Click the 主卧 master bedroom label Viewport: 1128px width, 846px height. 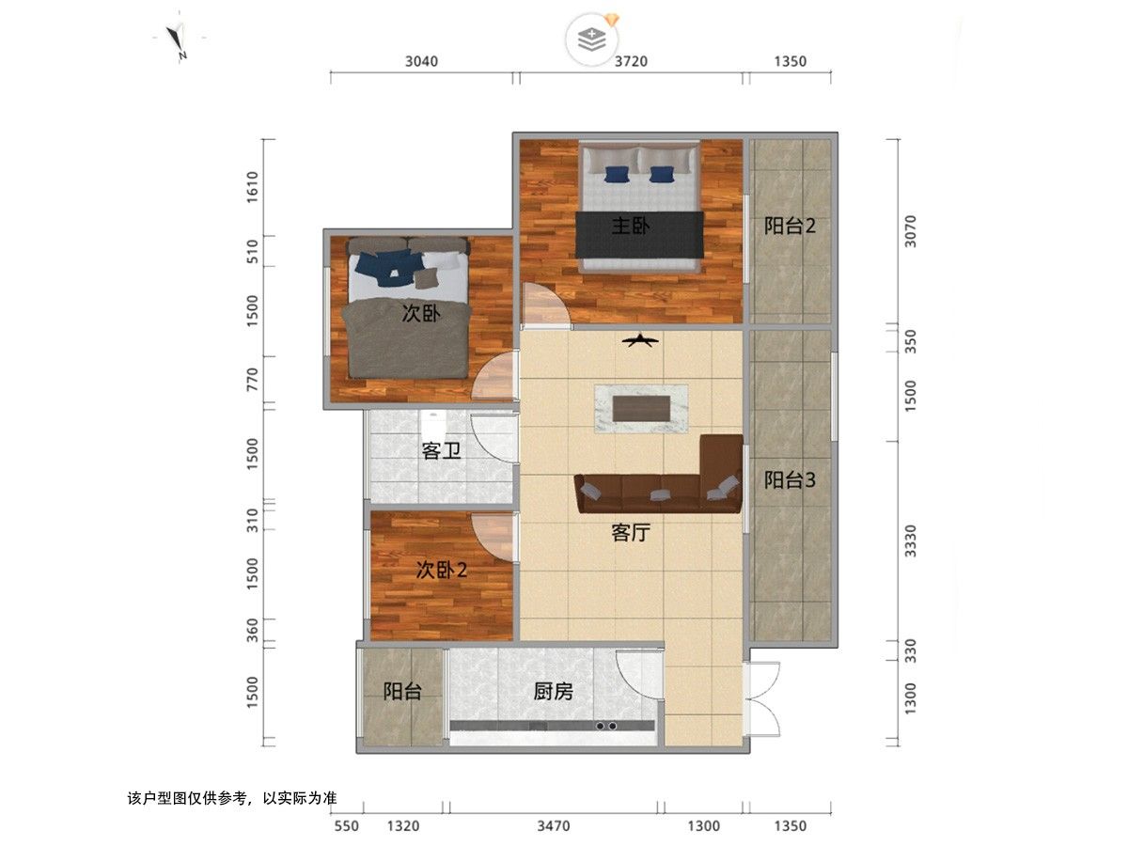(630, 226)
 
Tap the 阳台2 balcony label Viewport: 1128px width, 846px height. (790, 226)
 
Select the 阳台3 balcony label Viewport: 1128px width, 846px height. (790, 479)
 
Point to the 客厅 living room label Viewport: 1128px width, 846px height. (631, 533)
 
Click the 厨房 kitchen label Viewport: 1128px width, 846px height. (553, 692)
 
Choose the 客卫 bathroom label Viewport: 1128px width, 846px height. (441, 451)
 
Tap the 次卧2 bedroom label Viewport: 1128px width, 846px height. (442, 570)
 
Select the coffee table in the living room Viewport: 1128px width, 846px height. (641, 409)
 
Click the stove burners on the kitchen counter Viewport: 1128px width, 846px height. (606, 727)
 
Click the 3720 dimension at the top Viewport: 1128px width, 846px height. (631, 62)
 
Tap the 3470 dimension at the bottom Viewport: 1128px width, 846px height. (554, 826)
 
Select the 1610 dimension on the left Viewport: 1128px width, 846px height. (252, 187)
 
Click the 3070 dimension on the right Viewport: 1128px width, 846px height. (910, 231)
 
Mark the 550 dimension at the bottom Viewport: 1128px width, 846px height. (347, 826)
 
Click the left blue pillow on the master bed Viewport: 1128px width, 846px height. (616, 174)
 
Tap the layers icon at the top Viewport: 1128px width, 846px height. (592, 39)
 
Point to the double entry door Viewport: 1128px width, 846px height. (761, 698)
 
